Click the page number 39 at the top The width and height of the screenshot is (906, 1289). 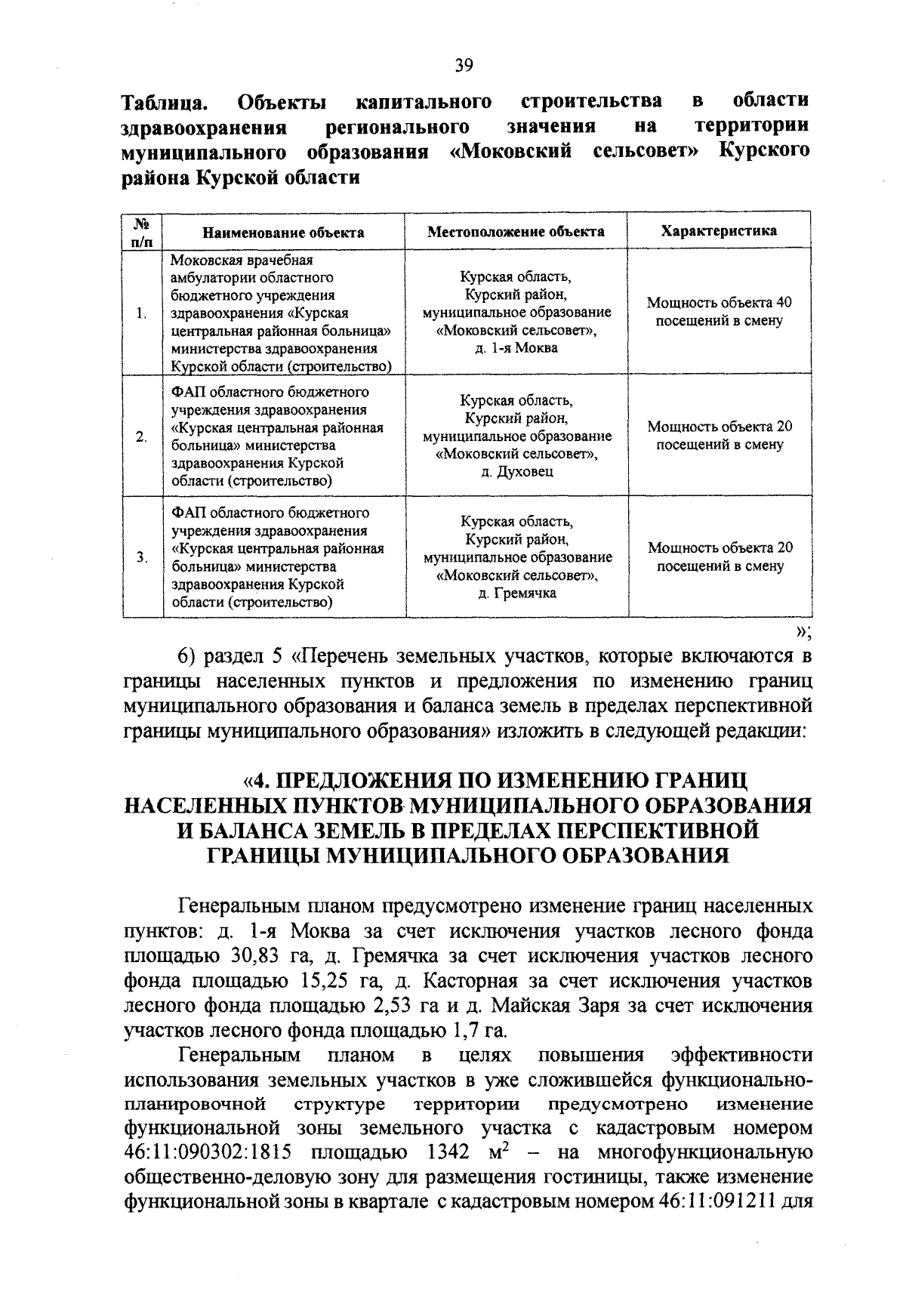point(464,66)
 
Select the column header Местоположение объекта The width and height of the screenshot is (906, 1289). point(516,231)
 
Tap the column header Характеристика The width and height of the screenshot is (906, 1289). point(719,230)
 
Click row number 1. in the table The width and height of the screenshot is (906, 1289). point(142,313)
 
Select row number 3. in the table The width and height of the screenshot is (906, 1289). point(142,557)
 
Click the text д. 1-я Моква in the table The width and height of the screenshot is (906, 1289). point(517,347)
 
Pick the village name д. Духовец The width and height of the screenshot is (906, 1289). point(517,471)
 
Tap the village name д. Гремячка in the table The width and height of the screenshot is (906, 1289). point(517,593)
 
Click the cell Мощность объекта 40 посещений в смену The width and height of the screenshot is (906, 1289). point(719,312)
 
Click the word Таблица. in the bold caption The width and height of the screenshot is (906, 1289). point(165,101)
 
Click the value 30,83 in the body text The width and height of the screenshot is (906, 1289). point(263,956)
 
